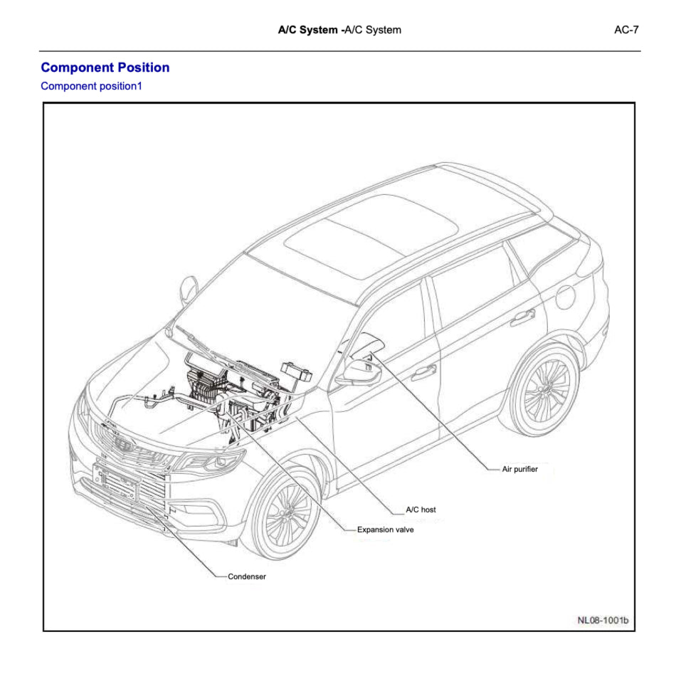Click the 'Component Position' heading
pos(105,68)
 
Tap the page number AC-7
pos(626,30)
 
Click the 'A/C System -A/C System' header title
pos(339,30)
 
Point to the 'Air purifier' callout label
pos(520,470)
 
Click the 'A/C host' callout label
pos(421,510)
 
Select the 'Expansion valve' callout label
pos(385,529)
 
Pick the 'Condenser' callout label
pos(247,576)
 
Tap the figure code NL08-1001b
pos(603,620)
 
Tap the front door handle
pos(424,371)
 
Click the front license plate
pos(117,480)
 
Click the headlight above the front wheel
pos(213,463)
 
